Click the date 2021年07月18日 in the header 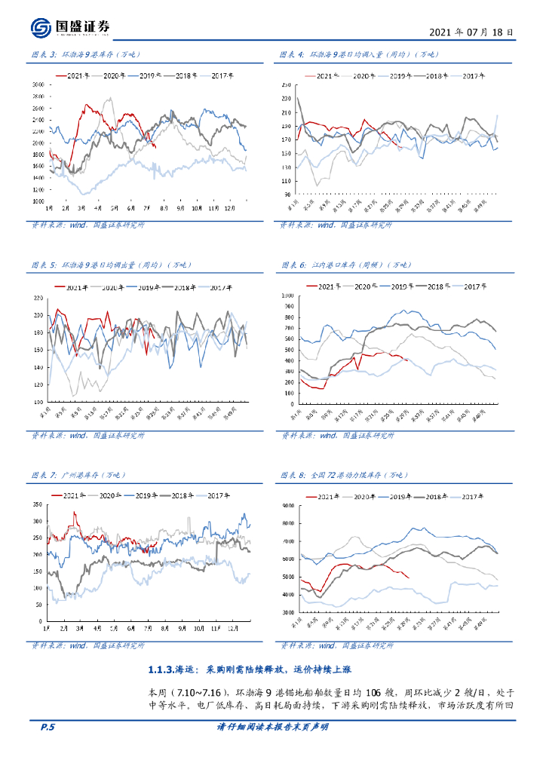click(471, 32)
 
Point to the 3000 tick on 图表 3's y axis click(38, 85)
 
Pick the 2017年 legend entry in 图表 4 click(474, 76)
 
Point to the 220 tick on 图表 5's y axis click(38, 297)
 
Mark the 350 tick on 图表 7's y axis click(37, 504)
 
